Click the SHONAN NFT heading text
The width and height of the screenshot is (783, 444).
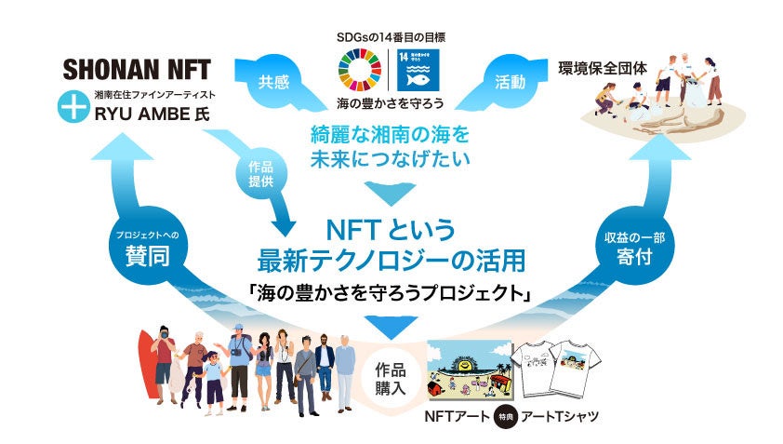136,69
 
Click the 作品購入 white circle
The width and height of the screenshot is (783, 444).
391,376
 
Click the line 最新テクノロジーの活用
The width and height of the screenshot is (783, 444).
390,258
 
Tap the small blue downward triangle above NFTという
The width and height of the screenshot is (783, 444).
390,193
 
